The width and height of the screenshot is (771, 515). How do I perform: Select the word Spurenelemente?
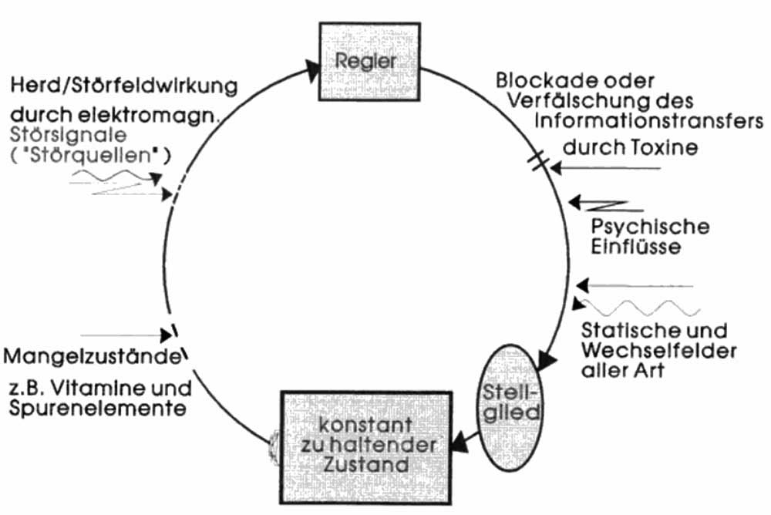[x=96, y=409]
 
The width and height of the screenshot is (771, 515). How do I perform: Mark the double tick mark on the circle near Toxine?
[x=540, y=161]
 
